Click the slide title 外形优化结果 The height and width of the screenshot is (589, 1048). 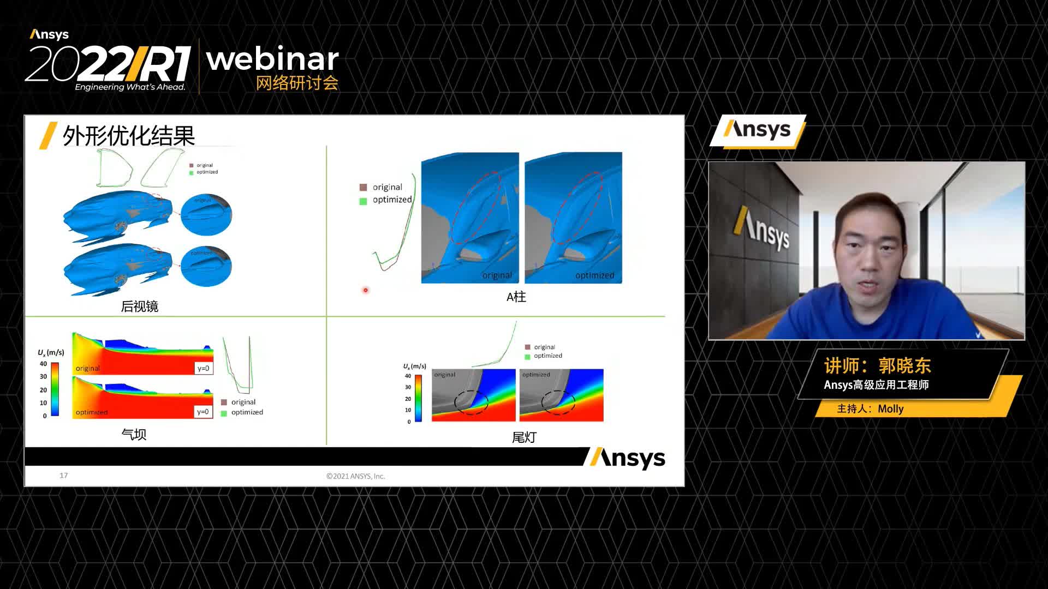pyautogui.click(x=129, y=136)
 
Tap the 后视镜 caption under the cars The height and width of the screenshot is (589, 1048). pyautogui.click(x=140, y=306)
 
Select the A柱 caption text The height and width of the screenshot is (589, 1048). pyautogui.click(x=516, y=297)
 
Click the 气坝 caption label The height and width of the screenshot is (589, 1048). pyautogui.click(x=134, y=435)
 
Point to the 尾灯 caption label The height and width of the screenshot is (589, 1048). pyautogui.click(x=524, y=437)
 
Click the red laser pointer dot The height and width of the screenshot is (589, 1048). pyautogui.click(x=366, y=290)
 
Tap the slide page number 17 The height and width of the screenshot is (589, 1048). pyautogui.click(x=64, y=476)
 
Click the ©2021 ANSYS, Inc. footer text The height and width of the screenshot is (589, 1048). pyautogui.click(x=355, y=476)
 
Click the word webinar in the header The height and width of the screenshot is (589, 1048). pyautogui.click(x=272, y=59)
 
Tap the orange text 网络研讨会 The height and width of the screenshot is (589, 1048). pyautogui.click(x=297, y=83)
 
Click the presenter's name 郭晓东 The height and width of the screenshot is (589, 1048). pyautogui.click(x=904, y=365)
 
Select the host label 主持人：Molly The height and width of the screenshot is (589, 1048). pyautogui.click(x=870, y=409)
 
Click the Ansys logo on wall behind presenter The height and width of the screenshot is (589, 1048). pyautogui.click(x=762, y=229)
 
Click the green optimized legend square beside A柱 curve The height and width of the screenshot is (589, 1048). pyautogui.click(x=364, y=201)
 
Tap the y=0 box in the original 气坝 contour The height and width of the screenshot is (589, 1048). pyautogui.click(x=203, y=369)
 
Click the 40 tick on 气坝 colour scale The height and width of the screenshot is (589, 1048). pyautogui.click(x=43, y=364)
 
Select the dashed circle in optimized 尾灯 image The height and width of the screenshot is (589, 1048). pyautogui.click(x=558, y=402)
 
